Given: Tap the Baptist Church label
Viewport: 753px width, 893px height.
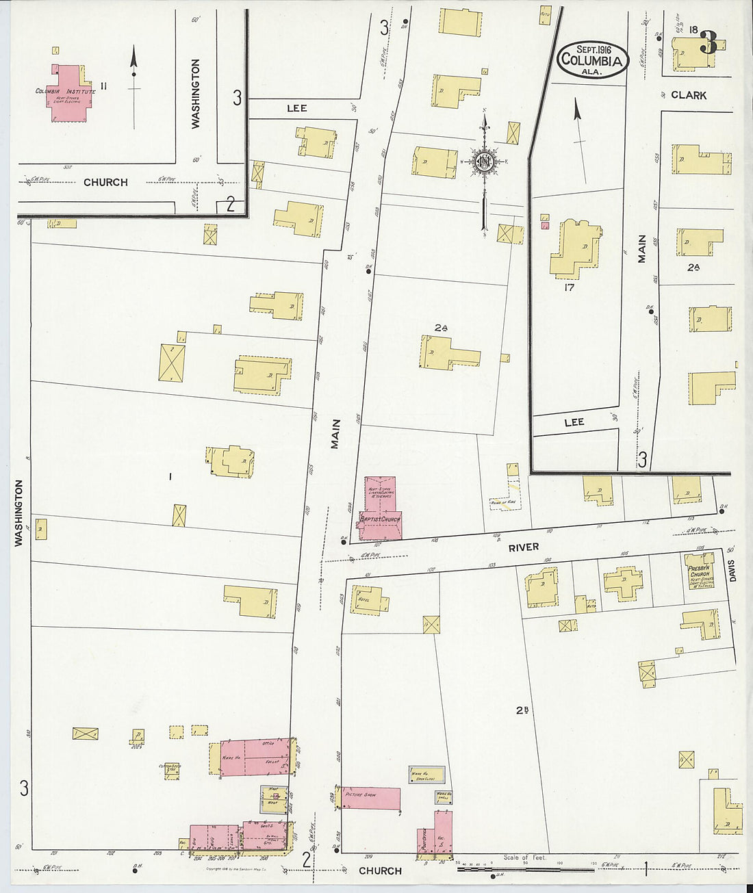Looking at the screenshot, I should click(x=380, y=519).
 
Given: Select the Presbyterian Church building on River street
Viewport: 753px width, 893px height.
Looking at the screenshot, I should click(x=700, y=571).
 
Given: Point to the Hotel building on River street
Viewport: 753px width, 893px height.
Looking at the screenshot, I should click(x=368, y=599).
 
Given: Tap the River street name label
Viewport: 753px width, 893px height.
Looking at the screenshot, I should click(x=523, y=547).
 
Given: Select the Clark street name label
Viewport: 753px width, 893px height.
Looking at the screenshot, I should click(x=688, y=95).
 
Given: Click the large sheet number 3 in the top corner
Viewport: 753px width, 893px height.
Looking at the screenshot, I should click(x=709, y=44).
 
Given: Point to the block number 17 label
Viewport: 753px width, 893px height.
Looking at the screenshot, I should click(x=569, y=287).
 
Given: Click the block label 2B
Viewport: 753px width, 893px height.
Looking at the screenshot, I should click(x=522, y=710).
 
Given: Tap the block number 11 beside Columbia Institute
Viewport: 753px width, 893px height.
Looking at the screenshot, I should click(x=103, y=86).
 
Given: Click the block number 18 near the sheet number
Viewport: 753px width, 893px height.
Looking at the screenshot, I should click(x=693, y=29).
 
